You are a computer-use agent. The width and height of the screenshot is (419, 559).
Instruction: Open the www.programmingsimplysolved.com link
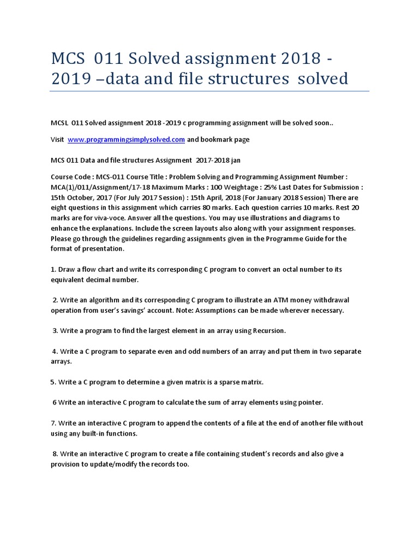click(126, 140)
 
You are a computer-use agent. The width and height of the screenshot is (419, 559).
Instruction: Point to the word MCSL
click(61, 123)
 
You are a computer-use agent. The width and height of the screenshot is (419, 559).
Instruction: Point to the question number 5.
click(53, 382)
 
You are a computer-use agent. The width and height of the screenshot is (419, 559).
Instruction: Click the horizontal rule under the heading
click(209, 91)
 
